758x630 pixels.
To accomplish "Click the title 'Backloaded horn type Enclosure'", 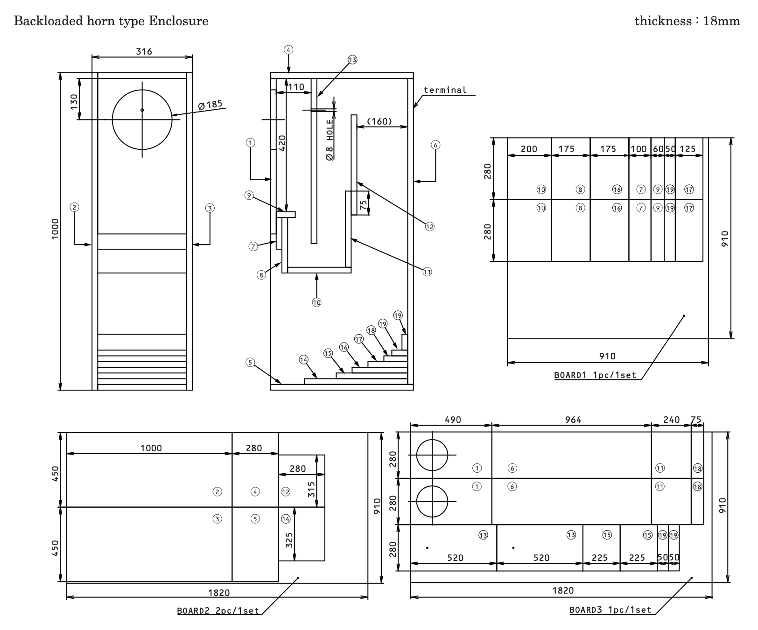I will (111, 21).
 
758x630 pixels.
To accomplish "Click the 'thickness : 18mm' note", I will (687, 21).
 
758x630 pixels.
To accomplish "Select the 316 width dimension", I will (144, 51).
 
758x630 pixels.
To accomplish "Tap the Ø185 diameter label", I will (210, 105).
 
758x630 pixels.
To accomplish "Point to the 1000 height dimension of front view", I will (55, 229).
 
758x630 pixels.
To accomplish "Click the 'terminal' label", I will (445, 90).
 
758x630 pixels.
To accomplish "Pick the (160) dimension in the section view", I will (379, 121).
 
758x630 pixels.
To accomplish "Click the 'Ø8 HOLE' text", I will (330, 140).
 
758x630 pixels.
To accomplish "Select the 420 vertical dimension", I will (282, 143).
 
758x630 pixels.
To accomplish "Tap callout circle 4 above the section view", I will (288, 49).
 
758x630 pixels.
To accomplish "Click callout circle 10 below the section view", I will (316, 302).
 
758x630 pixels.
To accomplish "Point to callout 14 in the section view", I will (303, 359).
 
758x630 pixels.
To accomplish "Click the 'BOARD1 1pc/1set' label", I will (595, 375).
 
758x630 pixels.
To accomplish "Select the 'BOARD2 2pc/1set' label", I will (218, 610).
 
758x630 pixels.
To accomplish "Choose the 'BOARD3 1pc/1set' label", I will (610, 610).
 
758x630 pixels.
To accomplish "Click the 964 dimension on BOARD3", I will (573, 420).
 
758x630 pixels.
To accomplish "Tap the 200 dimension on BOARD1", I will (529, 149).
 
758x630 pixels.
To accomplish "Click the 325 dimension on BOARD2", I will (289, 540).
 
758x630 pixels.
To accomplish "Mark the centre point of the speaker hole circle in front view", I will (142, 110).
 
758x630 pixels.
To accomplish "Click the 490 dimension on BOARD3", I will (453, 420).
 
